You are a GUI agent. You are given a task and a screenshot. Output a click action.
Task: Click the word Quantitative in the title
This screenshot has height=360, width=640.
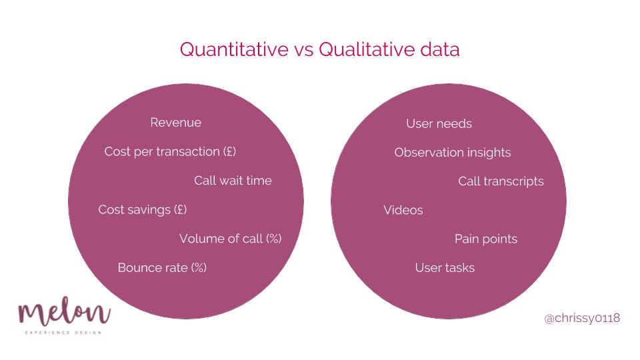(234, 49)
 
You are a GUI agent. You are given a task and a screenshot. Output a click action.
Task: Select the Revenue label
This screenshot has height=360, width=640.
(175, 123)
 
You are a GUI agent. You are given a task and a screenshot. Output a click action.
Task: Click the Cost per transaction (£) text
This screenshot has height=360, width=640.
(170, 151)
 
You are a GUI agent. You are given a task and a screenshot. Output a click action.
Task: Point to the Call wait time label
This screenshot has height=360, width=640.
(233, 181)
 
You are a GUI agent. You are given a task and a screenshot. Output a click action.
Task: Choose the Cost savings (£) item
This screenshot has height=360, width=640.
(143, 210)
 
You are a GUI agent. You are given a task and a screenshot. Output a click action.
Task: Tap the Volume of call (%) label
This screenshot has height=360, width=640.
(231, 239)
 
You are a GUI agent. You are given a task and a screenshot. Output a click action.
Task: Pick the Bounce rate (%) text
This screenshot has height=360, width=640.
(162, 268)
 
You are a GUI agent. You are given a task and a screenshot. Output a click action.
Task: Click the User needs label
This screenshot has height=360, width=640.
(439, 124)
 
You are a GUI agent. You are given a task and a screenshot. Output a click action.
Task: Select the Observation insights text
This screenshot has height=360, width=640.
(453, 153)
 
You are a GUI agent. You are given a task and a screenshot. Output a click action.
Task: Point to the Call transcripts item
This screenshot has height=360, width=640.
(501, 181)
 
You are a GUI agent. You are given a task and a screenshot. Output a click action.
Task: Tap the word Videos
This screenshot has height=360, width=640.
(403, 210)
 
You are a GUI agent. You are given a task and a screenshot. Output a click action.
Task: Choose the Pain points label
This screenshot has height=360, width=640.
(486, 239)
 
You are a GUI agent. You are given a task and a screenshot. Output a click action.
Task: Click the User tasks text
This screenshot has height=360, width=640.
(445, 268)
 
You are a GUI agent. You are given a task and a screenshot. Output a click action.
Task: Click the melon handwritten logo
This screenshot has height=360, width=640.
(64, 311)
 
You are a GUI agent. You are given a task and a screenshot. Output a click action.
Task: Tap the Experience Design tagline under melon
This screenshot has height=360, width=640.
(63, 333)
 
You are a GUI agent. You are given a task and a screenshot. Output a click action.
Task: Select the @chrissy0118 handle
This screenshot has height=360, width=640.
(582, 319)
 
